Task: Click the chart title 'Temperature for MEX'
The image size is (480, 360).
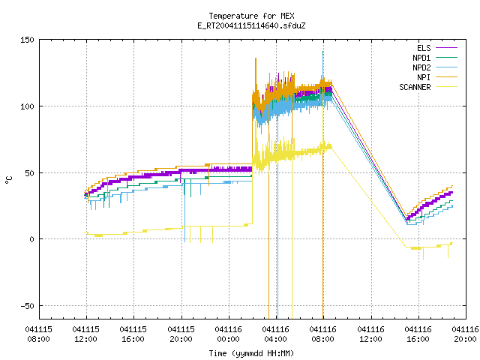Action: pyautogui.click(x=251, y=16)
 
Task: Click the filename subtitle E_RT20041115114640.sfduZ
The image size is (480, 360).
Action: pyautogui.click(x=251, y=25)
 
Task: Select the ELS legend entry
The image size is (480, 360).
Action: pyautogui.click(x=437, y=48)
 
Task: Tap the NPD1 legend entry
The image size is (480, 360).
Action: pyautogui.click(x=435, y=58)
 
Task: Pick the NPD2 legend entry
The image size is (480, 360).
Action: pyautogui.click(x=435, y=67)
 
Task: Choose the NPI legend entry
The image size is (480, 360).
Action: pyautogui.click(x=437, y=77)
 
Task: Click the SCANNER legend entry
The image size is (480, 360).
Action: pyautogui.click(x=428, y=87)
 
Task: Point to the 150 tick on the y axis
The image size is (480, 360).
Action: pyautogui.click(x=27, y=40)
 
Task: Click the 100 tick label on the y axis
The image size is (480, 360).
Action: pyautogui.click(x=27, y=106)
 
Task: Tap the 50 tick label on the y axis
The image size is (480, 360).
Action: pyautogui.click(x=29, y=173)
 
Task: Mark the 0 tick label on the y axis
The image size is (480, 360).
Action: pyautogui.click(x=31, y=239)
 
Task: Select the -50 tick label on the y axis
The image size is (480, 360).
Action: pyautogui.click(x=27, y=306)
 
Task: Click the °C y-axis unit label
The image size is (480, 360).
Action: pyautogui.click(x=9, y=180)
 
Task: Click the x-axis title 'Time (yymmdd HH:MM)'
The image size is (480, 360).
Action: pyautogui.click(x=251, y=353)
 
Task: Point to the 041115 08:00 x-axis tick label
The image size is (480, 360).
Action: pyautogui.click(x=38, y=334)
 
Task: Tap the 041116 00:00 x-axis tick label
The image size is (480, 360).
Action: pyautogui.click(x=228, y=334)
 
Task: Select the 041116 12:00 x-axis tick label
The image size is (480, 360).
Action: pyautogui.click(x=370, y=334)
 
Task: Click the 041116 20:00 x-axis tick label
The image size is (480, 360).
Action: pyautogui.click(x=465, y=334)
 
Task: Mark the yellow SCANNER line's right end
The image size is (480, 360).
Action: pyautogui.click(x=452, y=243)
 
